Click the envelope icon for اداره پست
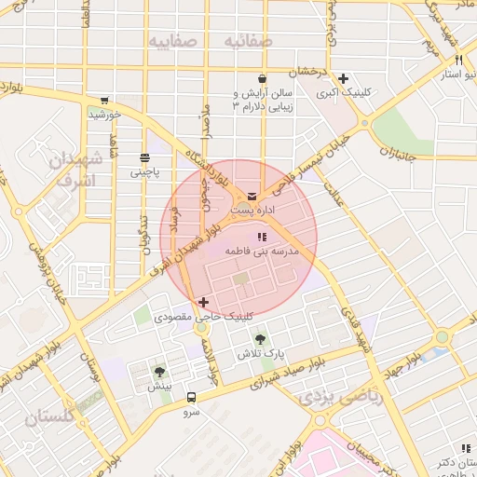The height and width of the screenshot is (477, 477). tap(252, 196)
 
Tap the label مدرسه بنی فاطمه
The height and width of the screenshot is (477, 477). tap(262, 252)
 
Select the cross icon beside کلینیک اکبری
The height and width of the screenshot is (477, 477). tap(344, 78)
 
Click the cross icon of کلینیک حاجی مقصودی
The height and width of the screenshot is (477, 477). tap(204, 302)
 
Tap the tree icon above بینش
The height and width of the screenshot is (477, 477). tap(159, 371)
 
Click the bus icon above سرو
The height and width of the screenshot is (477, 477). tap(191, 396)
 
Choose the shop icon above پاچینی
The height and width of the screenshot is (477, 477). tap(143, 158)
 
